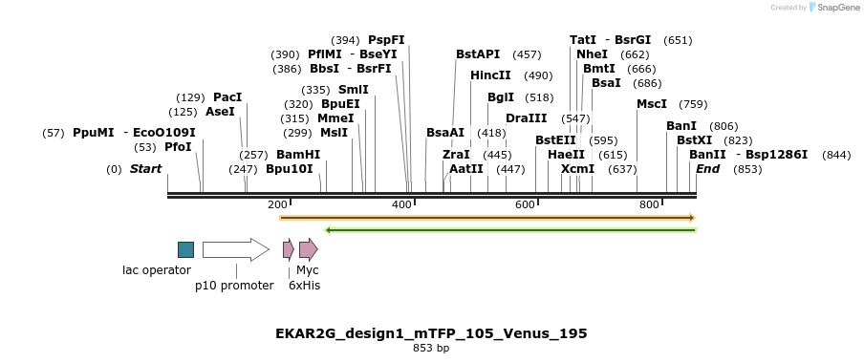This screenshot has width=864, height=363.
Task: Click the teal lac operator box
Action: tap(185, 249)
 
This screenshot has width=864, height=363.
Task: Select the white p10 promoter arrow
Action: tap(235, 249)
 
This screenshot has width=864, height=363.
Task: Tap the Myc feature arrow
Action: tap(308, 249)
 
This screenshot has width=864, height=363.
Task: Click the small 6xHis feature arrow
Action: tap(288, 249)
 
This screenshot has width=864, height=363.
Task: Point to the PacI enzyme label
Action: tap(227, 97)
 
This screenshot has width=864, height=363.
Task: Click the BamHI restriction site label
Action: tap(298, 155)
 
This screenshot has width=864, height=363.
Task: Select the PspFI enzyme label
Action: tap(386, 40)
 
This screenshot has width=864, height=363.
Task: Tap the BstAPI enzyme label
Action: tap(478, 54)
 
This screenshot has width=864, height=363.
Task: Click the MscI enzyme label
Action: tap(652, 104)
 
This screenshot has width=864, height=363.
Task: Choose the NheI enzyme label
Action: tap(592, 54)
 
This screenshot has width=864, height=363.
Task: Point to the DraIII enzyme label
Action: tap(527, 118)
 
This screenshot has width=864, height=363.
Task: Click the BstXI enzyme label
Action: tap(695, 140)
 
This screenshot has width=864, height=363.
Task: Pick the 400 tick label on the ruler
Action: tap(401, 205)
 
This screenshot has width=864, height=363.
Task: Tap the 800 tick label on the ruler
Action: tap(649, 205)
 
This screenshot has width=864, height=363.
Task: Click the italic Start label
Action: tap(145, 169)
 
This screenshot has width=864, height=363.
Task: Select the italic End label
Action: tap(707, 169)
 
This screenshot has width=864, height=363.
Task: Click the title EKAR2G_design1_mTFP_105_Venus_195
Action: tap(431, 333)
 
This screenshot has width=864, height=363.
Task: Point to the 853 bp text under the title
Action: tap(431, 349)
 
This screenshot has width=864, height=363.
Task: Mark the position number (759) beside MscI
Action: tap(693, 104)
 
